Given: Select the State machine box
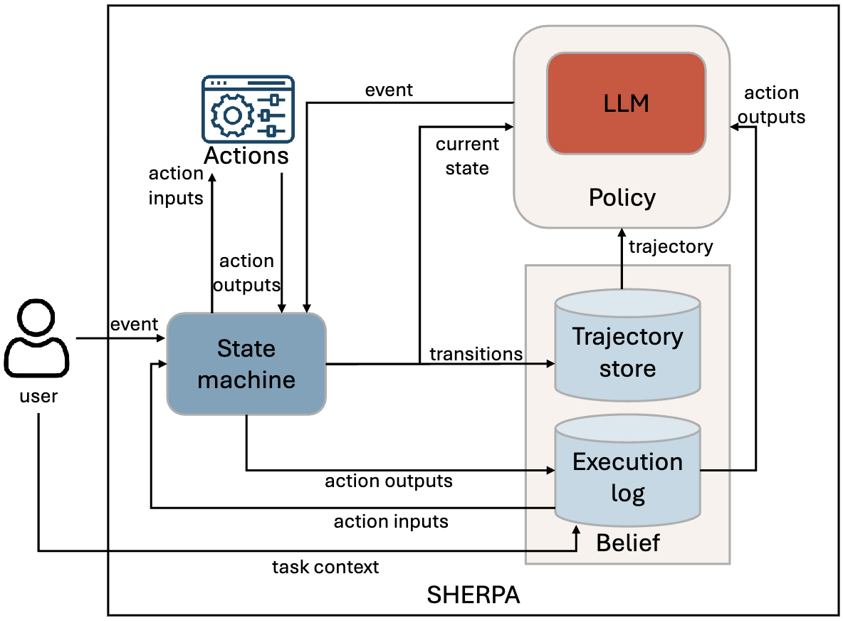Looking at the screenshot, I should click(x=246, y=364).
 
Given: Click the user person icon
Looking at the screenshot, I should click(x=37, y=338).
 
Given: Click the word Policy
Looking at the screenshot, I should click(x=622, y=197).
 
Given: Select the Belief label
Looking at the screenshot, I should click(x=628, y=543).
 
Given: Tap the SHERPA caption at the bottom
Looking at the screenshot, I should click(x=473, y=595).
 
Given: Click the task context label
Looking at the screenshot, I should click(x=325, y=567).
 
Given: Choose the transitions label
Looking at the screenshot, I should click(x=476, y=354).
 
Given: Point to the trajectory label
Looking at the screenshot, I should click(x=671, y=246).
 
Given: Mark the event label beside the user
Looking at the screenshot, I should click(x=134, y=324).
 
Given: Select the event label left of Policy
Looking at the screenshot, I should click(x=389, y=90).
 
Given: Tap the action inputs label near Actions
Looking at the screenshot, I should click(x=176, y=185).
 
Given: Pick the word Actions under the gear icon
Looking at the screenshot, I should click(x=246, y=155).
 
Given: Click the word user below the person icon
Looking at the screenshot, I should click(x=38, y=395).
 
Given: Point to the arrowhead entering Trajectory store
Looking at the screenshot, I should click(x=550, y=364).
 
